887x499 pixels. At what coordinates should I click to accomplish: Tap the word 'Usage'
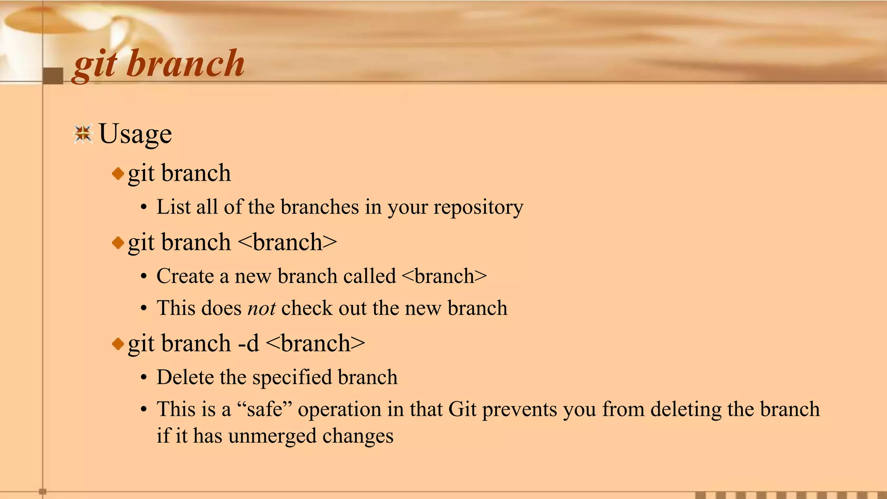coord(135,133)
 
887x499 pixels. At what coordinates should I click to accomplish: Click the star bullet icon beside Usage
coord(83,134)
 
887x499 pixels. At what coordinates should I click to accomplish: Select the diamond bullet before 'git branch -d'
coord(118,344)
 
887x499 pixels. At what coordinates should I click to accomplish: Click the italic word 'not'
coord(262,308)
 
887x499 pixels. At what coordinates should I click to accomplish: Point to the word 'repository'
coord(478,207)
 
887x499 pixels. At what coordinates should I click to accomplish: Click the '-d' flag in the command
coord(249,343)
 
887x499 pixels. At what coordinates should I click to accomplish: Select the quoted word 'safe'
coord(265,409)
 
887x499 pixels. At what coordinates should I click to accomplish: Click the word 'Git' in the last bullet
coord(462,409)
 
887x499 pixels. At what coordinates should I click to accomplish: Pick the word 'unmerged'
coord(272,436)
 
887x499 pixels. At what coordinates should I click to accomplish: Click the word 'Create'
coord(185,276)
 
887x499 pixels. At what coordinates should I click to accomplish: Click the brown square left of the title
coord(53,76)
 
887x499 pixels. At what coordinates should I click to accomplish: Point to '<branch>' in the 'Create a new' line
coord(444,276)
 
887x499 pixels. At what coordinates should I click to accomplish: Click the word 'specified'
coord(292,377)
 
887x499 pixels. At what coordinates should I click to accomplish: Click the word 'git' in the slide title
coord(95,65)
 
